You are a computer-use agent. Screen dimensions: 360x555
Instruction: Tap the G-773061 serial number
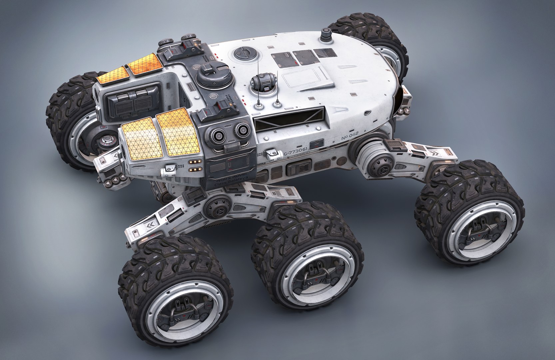pos(296,152)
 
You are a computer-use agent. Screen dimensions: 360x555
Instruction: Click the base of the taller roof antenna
pos(258,106)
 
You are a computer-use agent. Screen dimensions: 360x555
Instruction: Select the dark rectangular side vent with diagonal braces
pos(289,114)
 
